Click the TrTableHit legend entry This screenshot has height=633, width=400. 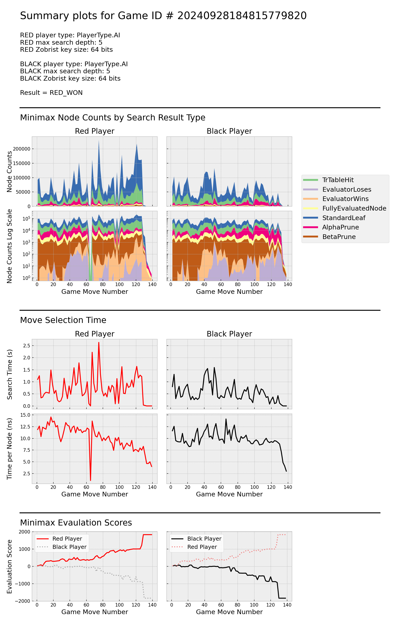(338, 180)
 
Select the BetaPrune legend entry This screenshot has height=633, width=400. (339, 237)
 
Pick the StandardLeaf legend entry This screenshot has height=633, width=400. (344, 218)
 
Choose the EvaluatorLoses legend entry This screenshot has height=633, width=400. (347, 189)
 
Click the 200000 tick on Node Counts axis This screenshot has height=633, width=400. (22, 149)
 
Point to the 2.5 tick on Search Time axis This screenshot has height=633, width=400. (27, 345)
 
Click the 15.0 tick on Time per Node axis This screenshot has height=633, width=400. (25, 415)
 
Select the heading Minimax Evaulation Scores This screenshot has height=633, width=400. (76, 522)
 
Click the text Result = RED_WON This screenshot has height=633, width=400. (51, 93)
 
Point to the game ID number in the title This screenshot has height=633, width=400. (242, 16)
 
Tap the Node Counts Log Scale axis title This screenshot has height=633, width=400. (10, 246)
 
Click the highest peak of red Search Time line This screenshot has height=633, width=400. (99, 342)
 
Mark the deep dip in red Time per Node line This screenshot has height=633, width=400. (90, 480)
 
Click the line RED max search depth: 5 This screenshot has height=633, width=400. (61, 42)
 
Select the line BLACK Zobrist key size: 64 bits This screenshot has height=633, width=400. (70, 78)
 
